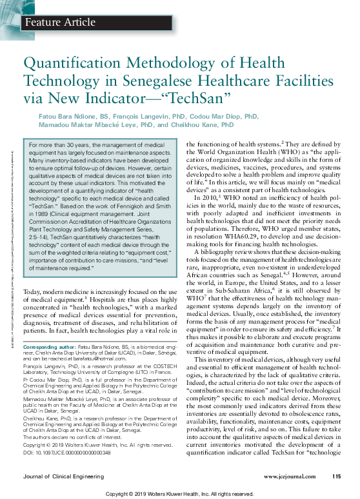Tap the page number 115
point(336,476)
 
